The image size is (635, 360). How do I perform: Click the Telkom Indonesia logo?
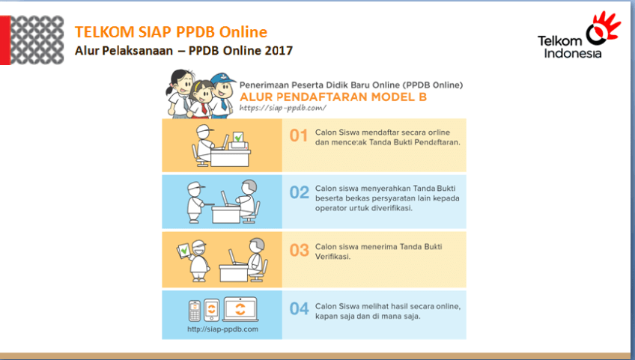pyautogui.click(x=579, y=36)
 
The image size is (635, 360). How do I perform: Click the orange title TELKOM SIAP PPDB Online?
pyautogui.click(x=171, y=32)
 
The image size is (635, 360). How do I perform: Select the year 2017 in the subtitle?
pyautogui.click(x=279, y=51)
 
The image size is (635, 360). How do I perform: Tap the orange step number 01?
pyautogui.click(x=299, y=135)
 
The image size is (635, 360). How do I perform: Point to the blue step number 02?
pyautogui.click(x=300, y=192)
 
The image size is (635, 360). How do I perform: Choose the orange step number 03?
pyautogui.click(x=300, y=250)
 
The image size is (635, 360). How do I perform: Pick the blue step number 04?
pyautogui.click(x=300, y=309)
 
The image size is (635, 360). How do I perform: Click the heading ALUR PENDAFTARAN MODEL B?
pyautogui.click(x=333, y=97)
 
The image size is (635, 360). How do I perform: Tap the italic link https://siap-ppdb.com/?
pyautogui.click(x=282, y=108)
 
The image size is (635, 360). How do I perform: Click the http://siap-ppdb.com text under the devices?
pyautogui.click(x=222, y=329)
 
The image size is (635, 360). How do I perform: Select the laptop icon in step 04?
pyautogui.click(x=240, y=309)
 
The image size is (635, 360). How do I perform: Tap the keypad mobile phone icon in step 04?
pyautogui.click(x=195, y=311)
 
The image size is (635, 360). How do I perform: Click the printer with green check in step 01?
pyautogui.click(x=240, y=141)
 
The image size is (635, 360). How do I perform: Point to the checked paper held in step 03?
pyautogui.click(x=183, y=250)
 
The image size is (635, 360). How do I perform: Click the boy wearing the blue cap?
pyautogui.click(x=222, y=95)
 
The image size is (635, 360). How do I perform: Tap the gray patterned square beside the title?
pyautogui.click(x=37, y=40)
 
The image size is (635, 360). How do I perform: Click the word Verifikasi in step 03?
pyautogui.click(x=332, y=257)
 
